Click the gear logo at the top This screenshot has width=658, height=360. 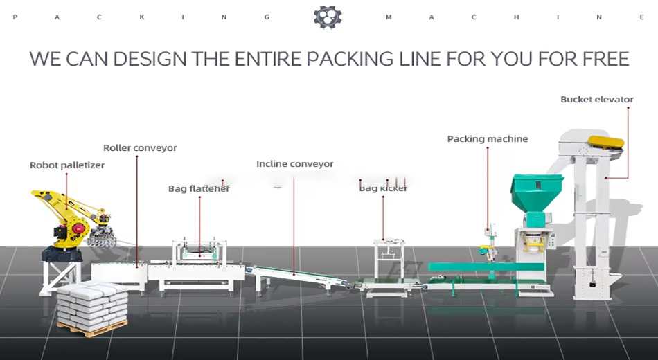(328, 17)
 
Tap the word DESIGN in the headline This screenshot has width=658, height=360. (150, 58)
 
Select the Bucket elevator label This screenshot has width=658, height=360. (596, 100)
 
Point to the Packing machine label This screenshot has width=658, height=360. (487, 139)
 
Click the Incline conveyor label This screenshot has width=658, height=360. (294, 164)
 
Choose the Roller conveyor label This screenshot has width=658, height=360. (140, 148)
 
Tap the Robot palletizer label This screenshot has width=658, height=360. (66, 165)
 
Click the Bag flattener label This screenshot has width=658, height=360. (199, 188)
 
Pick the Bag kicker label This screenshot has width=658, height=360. (383, 188)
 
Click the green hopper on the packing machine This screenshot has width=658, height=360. (536, 193)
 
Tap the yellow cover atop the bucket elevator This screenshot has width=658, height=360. (605, 143)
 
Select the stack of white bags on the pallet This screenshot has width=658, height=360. (91, 303)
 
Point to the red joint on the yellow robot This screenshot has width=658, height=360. (79, 226)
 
